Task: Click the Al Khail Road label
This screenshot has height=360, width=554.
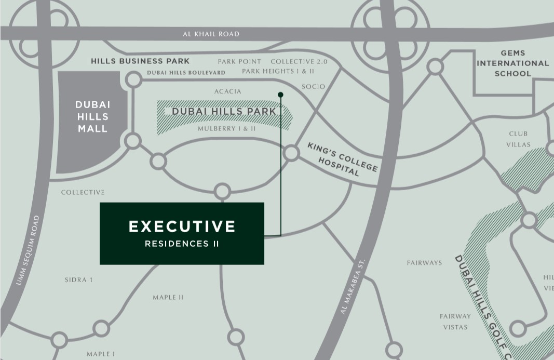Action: click(x=211, y=34)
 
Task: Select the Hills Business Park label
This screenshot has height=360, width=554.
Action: click(x=140, y=61)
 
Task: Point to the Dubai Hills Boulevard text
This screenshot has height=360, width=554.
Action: click(x=186, y=73)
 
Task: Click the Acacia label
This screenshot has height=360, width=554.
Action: click(x=227, y=91)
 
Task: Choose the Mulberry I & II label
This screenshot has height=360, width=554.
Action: click(x=226, y=128)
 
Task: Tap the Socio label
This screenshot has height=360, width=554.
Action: click(x=313, y=86)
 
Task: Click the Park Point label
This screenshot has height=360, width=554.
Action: click(x=239, y=61)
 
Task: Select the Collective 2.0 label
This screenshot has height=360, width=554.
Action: click(x=299, y=61)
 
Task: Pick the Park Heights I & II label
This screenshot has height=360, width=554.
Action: click(x=278, y=71)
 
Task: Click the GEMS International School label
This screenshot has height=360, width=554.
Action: click(x=512, y=63)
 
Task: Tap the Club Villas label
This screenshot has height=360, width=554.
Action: click(x=519, y=139)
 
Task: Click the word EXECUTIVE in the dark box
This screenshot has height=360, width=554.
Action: click(x=182, y=226)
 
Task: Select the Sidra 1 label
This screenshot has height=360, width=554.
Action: click(x=79, y=280)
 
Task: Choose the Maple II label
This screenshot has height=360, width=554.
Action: click(x=168, y=298)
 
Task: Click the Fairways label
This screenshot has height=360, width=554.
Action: click(x=424, y=263)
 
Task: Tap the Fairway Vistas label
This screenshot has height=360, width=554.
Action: click(x=455, y=322)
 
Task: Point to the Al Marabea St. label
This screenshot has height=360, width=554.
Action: click(x=353, y=287)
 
